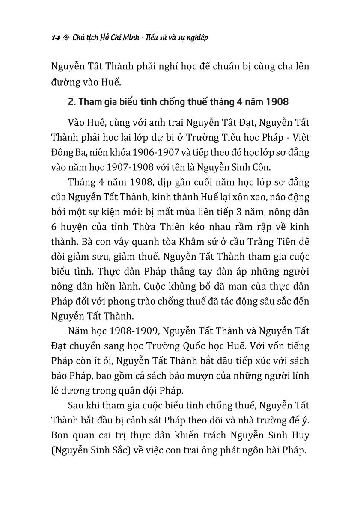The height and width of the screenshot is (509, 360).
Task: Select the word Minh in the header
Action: click(x=128, y=38)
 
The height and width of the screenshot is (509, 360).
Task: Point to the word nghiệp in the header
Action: click(x=196, y=38)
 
